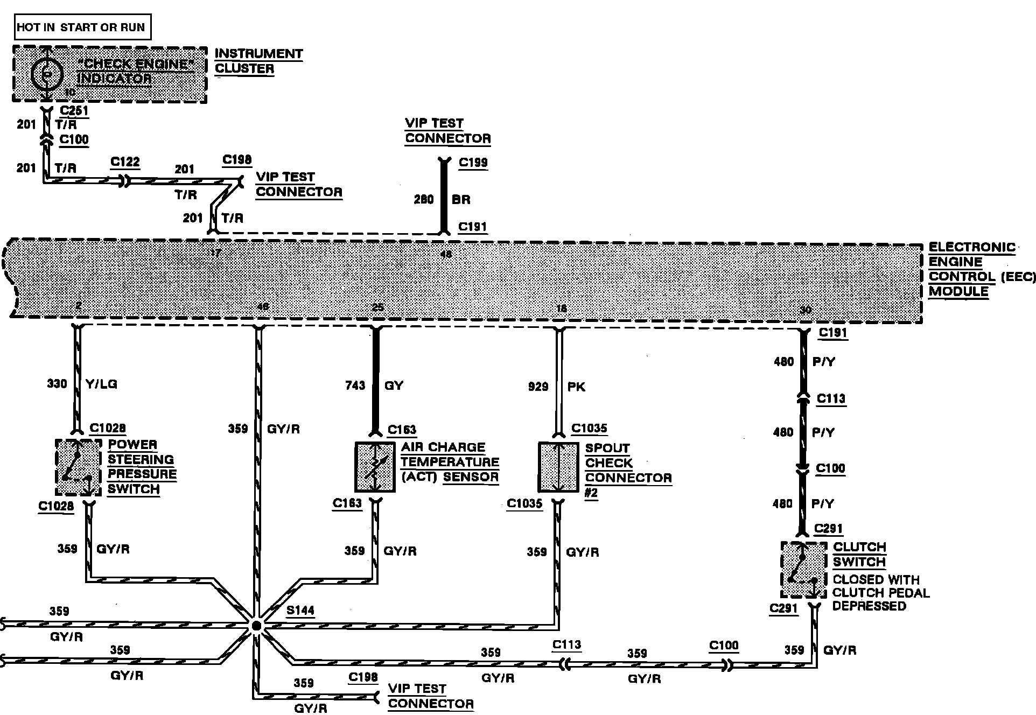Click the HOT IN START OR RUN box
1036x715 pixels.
pos(82,27)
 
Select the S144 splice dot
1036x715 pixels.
pos(257,625)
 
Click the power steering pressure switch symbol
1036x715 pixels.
pos(78,467)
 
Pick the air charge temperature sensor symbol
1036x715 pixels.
pos(375,467)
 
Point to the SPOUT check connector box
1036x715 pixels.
pos(559,467)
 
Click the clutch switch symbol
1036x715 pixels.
pos(803,570)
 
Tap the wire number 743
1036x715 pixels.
pos(355,385)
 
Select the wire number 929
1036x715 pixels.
pos(538,387)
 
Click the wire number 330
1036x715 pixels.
pos(57,384)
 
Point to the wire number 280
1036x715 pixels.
pos(424,200)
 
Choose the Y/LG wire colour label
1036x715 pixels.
pos(101,384)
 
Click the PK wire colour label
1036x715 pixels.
pos(576,387)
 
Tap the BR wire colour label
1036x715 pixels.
pos(461,200)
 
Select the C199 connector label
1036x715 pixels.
pos(473,163)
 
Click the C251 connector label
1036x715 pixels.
pos(74,111)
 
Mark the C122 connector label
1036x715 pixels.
pos(125,162)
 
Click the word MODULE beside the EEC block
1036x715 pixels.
pos(958,292)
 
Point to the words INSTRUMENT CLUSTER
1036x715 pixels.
pos(258,61)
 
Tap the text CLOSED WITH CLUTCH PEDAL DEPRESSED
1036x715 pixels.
pos(881,593)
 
